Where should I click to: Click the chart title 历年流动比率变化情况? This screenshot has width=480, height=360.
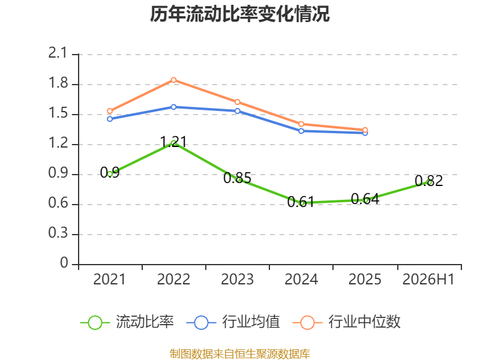[x=239, y=14]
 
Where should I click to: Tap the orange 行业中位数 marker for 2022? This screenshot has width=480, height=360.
[x=173, y=80]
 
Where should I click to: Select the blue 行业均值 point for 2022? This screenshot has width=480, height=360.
[x=173, y=107]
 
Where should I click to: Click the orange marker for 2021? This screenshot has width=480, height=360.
[x=110, y=111]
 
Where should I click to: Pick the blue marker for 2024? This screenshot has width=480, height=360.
[x=301, y=131]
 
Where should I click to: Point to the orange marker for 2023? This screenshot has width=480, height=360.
[x=238, y=102]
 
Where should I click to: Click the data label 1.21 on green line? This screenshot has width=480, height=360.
[x=173, y=142]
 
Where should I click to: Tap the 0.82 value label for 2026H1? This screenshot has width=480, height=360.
[x=429, y=181]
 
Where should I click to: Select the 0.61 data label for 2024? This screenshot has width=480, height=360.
[x=301, y=202]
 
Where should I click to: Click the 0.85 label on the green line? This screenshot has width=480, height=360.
[x=237, y=178]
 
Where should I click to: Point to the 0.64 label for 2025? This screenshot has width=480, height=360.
[x=365, y=199]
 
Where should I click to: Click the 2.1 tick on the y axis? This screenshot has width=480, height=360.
[x=58, y=53]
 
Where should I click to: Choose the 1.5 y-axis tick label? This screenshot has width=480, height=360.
[x=58, y=113]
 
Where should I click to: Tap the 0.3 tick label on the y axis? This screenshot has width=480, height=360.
[x=58, y=233]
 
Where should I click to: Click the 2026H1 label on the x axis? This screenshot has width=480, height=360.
[x=428, y=279]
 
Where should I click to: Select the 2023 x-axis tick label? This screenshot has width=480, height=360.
[x=237, y=279]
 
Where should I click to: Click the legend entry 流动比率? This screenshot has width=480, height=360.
[x=127, y=322]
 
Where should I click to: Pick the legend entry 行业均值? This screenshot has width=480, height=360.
[x=233, y=322]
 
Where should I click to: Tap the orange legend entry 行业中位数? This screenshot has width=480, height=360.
[x=347, y=322]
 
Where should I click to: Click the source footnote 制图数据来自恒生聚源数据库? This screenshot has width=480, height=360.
[x=239, y=353]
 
